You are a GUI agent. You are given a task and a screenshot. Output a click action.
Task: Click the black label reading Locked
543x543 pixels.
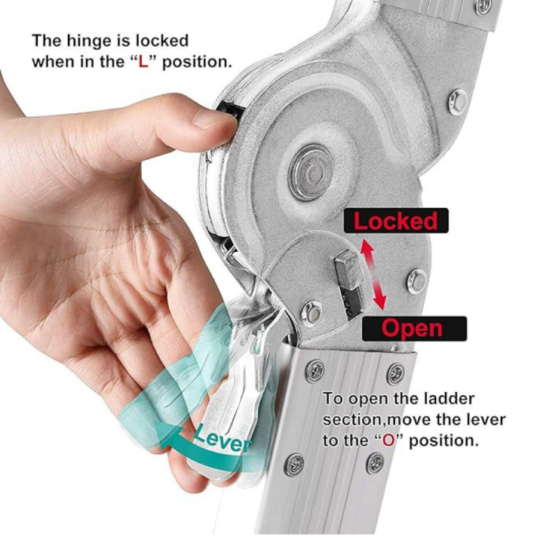396,220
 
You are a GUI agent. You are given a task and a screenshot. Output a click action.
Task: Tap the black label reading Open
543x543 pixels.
414,328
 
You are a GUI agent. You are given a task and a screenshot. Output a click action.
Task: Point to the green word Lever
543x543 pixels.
222,439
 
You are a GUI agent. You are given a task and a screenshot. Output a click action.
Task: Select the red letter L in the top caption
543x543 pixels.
143,63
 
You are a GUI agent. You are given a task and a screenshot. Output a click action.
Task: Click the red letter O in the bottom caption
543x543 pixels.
388,441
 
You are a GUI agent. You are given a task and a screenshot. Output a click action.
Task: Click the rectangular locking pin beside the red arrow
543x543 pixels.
350,284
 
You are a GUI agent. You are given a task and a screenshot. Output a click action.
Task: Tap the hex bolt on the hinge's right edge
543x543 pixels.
458,102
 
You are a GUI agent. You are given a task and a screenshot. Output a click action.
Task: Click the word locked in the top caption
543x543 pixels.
162,41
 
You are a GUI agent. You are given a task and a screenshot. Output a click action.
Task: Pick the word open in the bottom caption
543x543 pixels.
367,400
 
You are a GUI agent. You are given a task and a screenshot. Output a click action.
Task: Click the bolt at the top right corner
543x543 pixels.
484,7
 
